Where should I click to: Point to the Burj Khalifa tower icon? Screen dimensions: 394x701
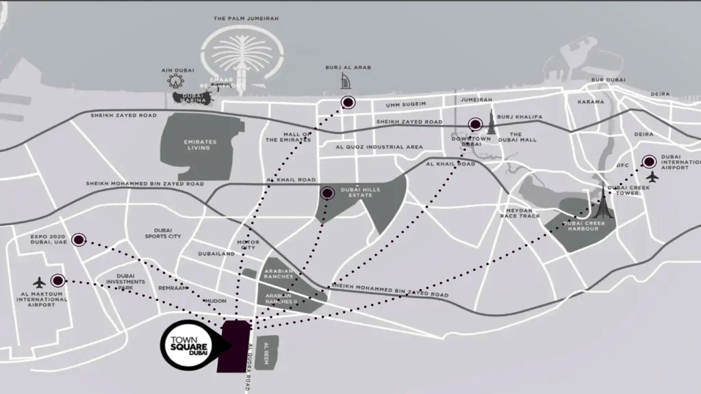coord(491,123)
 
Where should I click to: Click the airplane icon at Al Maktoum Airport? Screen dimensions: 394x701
coord(39,281)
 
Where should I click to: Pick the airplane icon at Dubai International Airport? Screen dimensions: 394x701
coord(652,176)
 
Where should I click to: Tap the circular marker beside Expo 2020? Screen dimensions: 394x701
coord(79,239)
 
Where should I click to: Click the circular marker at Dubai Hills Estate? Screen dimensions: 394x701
coord(327,193)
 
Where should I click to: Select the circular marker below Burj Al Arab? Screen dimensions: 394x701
coord(348,103)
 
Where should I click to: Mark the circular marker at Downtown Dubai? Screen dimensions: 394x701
coord(474,124)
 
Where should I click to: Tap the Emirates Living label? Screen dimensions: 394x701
coord(201,144)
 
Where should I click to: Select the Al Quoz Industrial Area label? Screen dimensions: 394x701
coord(379,146)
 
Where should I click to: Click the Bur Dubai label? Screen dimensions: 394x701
coord(608,80)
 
